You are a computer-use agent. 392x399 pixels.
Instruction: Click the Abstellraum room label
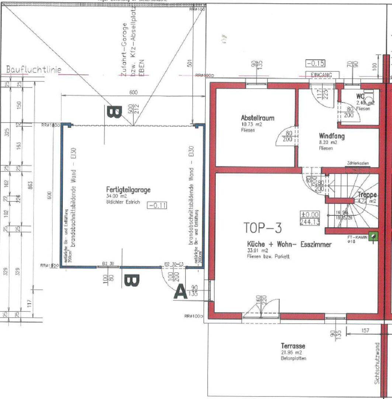pyautogui.click(x=257, y=118)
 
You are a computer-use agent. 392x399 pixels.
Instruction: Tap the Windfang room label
pyautogui.click(x=332, y=136)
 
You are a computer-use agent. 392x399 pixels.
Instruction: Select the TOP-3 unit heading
pyautogui.click(x=262, y=228)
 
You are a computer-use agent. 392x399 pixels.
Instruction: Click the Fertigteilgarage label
pyautogui.click(x=128, y=190)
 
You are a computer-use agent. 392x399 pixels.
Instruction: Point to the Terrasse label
pyautogui.click(x=293, y=346)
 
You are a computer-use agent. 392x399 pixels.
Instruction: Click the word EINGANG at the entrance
pyautogui.click(x=321, y=75)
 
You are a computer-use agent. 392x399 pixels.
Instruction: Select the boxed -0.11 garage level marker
pyautogui.click(x=157, y=205)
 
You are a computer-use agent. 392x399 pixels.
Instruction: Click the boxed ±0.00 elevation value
pyautogui.click(x=310, y=214)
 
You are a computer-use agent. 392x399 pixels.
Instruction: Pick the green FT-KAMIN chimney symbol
pyautogui.click(x=374, y=236)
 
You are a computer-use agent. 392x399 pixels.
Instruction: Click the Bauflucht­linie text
pyautogui.click(x=34, y=70)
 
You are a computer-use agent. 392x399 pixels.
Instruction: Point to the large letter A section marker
pyautogui.click(x=180, y=291)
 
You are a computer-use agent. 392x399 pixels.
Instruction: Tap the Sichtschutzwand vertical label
pyautogui.click(x=377, y=363)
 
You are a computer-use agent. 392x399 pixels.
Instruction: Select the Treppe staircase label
pyautogui.click(x=367, y=195)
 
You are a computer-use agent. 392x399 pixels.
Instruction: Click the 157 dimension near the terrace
pyautogui.click(x=365, y=331)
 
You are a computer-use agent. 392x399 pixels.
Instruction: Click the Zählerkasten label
pyautogui.click(x=357, y=163)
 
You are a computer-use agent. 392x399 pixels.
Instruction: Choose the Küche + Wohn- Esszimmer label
pyautogui.click(x=289, y=244)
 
